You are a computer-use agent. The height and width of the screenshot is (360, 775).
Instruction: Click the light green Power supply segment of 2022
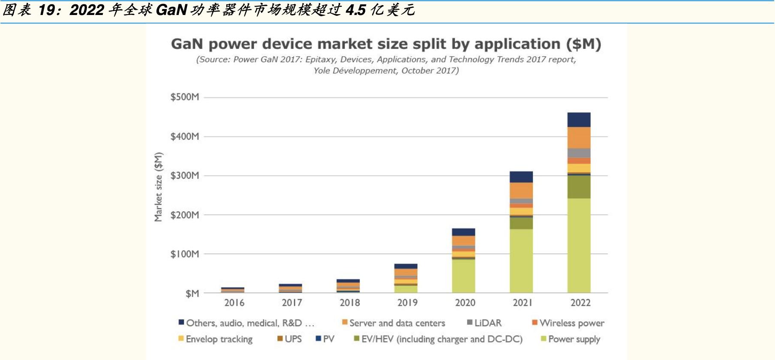pos(579,245)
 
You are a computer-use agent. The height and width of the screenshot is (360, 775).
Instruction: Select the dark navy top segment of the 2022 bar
pos(579,120)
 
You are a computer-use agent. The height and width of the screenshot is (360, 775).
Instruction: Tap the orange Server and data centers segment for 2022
pos(579,138)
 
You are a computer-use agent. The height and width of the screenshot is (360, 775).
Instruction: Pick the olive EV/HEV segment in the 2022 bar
pos(579,187)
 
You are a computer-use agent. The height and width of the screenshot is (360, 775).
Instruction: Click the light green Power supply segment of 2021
pos(521,261)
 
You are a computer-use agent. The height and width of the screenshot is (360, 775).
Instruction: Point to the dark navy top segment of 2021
pos(521,177)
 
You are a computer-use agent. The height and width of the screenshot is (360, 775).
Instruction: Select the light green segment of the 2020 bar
pos(463,276)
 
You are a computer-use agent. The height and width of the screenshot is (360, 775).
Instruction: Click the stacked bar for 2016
pos(233,290)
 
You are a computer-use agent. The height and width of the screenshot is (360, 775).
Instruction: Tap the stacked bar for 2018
pos(348,286)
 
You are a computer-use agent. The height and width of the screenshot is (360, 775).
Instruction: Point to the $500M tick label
pos(185,97)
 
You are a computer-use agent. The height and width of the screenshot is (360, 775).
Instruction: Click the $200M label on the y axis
pos(185,215)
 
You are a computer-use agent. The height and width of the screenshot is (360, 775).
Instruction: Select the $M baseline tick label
pos(192,294)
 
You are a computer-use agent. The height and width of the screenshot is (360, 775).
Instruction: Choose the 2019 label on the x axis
pos(407,303)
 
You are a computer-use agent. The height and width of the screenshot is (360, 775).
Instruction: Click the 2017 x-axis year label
pos(292,303)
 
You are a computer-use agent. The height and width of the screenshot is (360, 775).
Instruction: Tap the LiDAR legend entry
pos(484,323)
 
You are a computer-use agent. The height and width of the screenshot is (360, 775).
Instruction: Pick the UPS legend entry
pos(290,339)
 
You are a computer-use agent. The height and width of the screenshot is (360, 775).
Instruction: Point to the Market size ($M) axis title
pos(159,187)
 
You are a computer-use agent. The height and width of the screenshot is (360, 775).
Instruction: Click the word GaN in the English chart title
pos(187,44)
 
